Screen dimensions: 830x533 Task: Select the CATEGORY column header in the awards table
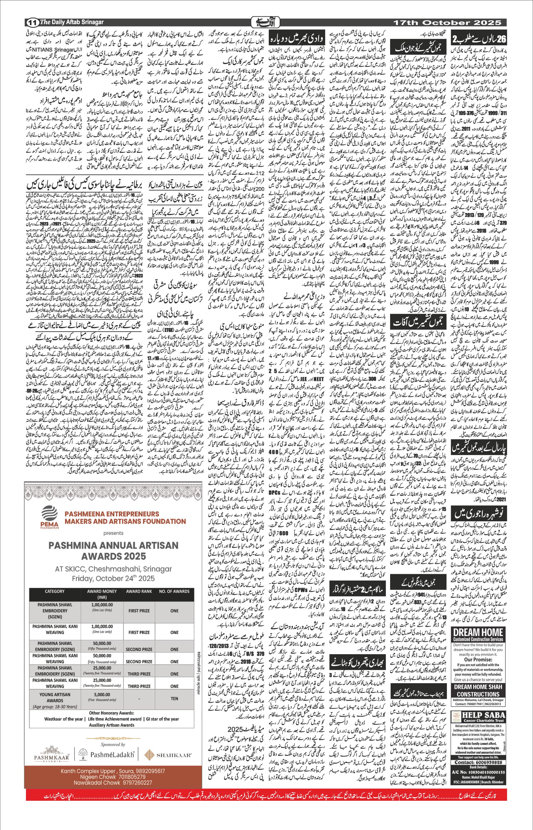coord(55,591)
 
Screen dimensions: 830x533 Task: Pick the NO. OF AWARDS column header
coord(174,591)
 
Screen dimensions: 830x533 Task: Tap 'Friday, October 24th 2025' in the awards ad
coord(113,578)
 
